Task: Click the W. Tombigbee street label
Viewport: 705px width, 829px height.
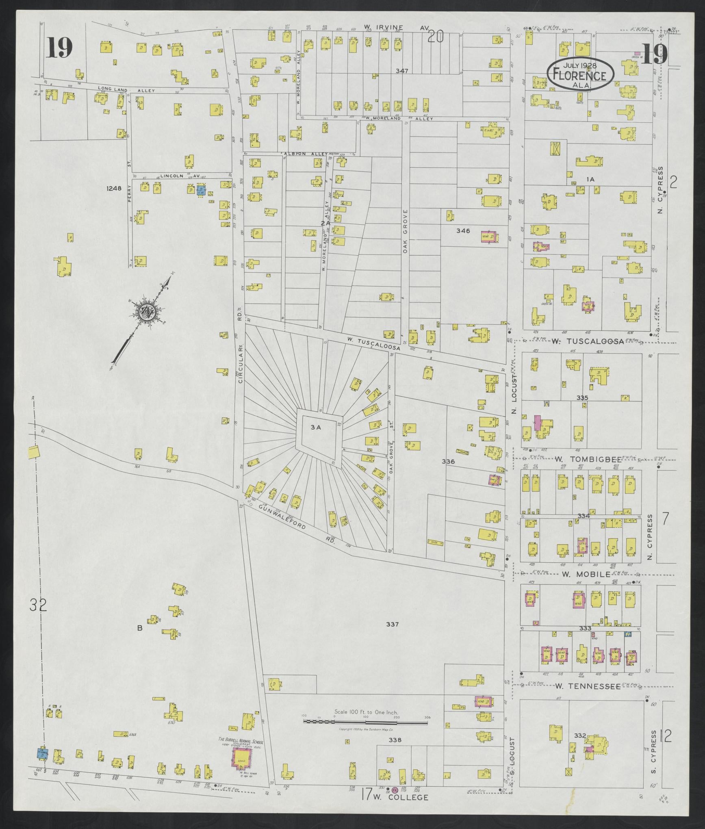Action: coord(588,459)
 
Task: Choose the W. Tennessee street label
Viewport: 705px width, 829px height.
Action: coord(588,686)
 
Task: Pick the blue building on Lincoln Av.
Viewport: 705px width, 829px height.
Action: coord(201,190)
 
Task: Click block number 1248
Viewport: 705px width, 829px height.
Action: coord(114,188)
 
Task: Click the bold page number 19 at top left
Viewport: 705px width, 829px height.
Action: coord(59,48)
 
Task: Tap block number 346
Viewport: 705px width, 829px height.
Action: coord(463,231)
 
